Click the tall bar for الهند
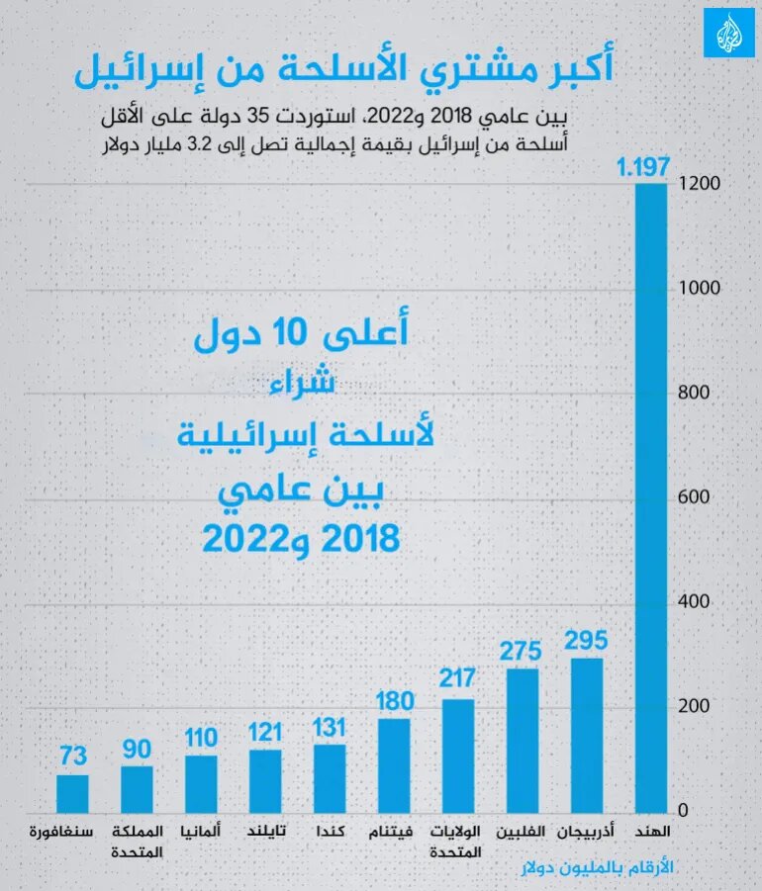point(650,494)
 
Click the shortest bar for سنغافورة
point(72,791)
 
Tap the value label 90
point(137,747)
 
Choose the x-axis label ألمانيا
point(201,832)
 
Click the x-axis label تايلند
point(265,832)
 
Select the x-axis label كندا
point(330,832)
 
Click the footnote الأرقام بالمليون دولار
point(595,867)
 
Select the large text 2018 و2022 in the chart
point(301,539)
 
